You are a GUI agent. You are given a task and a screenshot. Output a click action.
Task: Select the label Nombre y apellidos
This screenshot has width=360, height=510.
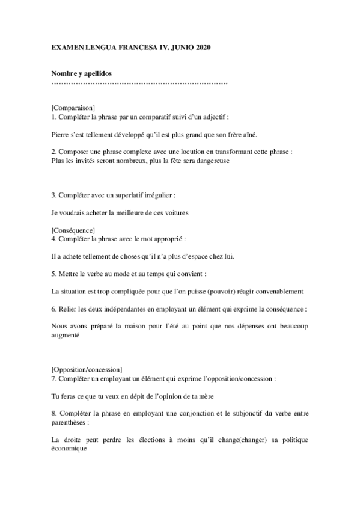coord(82,73)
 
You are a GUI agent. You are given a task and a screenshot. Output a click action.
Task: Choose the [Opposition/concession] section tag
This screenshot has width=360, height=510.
coord(87,369)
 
